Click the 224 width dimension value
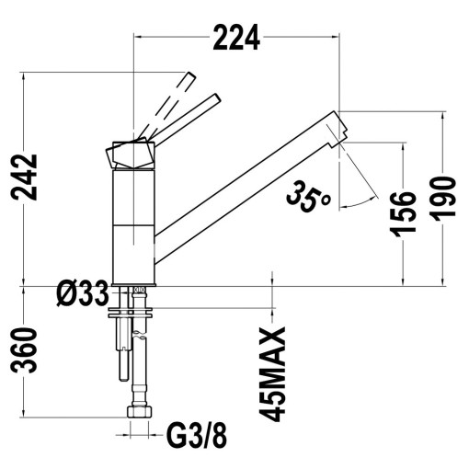(x=237, y=37)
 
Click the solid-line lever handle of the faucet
(x=195, y=113)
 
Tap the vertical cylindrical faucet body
(x=133, y=225)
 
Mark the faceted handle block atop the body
(x=131, y=153)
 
